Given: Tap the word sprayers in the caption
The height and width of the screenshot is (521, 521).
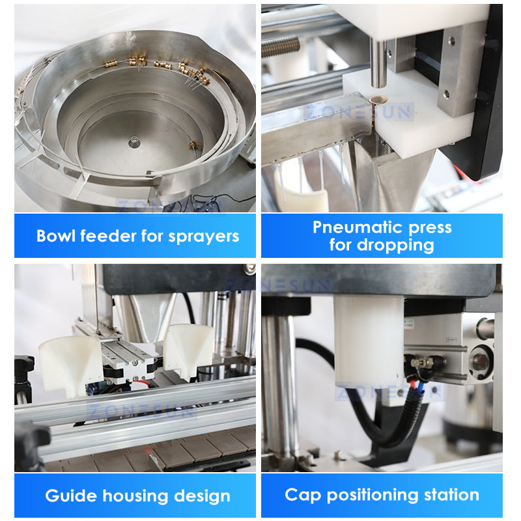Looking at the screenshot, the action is click(203, 237).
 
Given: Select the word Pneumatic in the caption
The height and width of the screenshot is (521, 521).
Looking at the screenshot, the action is click(358, 227).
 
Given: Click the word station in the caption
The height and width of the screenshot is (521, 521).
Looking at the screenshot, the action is click(451, 495).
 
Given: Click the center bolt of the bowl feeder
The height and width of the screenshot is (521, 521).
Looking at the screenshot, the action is click(134, 142).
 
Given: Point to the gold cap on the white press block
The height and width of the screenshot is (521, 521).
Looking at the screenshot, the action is click(377, 100).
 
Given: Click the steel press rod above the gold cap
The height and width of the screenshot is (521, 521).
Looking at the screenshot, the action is click(378, 63).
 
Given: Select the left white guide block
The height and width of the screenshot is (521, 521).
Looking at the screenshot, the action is click(70, 365).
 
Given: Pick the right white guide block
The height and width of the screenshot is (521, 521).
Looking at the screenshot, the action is click(188, 352).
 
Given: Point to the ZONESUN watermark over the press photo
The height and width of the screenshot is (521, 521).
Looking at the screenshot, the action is click(359, 112).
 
